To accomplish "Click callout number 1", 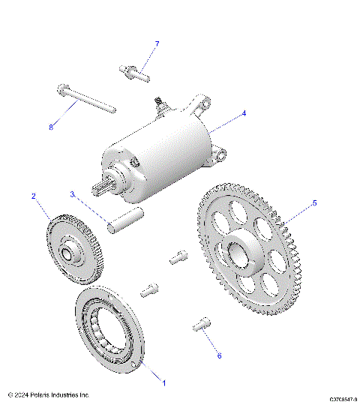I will (x=164, y=383).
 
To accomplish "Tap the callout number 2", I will (x=34, y=196).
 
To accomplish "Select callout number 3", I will (x=72, y=193).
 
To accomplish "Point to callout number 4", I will (x=243, y=115).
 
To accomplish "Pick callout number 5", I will (x=314, y=202).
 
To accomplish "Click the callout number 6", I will (x=219, y=355).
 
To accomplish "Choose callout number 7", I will (x=157, y=43).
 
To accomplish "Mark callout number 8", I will (x=51, y=127).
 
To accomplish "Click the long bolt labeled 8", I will (x=84, y=100).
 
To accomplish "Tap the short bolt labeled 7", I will (x=135, y=73).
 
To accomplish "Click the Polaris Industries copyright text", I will (x=49, y=394).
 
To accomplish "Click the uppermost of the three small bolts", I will (x=178, y=257).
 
